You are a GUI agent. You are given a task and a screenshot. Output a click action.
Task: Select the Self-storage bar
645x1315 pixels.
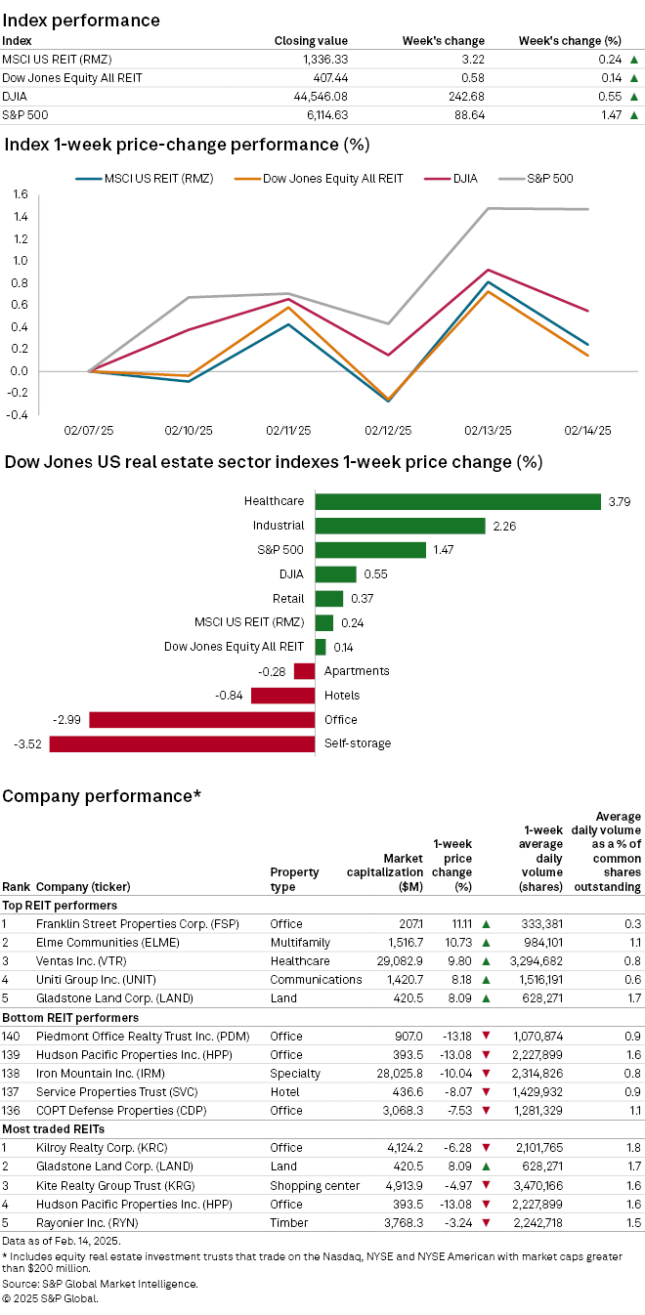tap(182, 743)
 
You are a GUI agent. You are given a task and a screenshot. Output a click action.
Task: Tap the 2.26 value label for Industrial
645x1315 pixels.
tap(503, 526)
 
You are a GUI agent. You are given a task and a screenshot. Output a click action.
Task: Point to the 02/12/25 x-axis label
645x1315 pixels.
tap(389, 430)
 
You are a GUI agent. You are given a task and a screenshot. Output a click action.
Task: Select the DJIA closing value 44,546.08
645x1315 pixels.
tap(317, 96)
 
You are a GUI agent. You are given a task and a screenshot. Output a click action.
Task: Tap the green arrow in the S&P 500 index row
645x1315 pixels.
tap(634, 115)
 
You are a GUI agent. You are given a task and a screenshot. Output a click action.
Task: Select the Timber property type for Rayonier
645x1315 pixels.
tap(288, 1222)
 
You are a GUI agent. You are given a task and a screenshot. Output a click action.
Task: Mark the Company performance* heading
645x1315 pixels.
tap(102, 795)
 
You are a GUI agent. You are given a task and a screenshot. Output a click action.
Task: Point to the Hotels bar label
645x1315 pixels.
tap(341, 695)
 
